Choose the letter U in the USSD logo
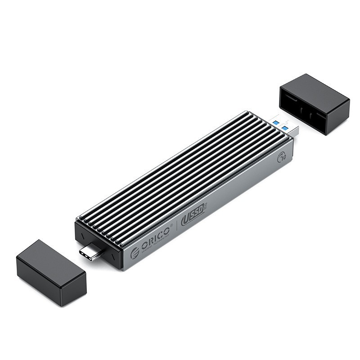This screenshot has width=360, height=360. [186, 222]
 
